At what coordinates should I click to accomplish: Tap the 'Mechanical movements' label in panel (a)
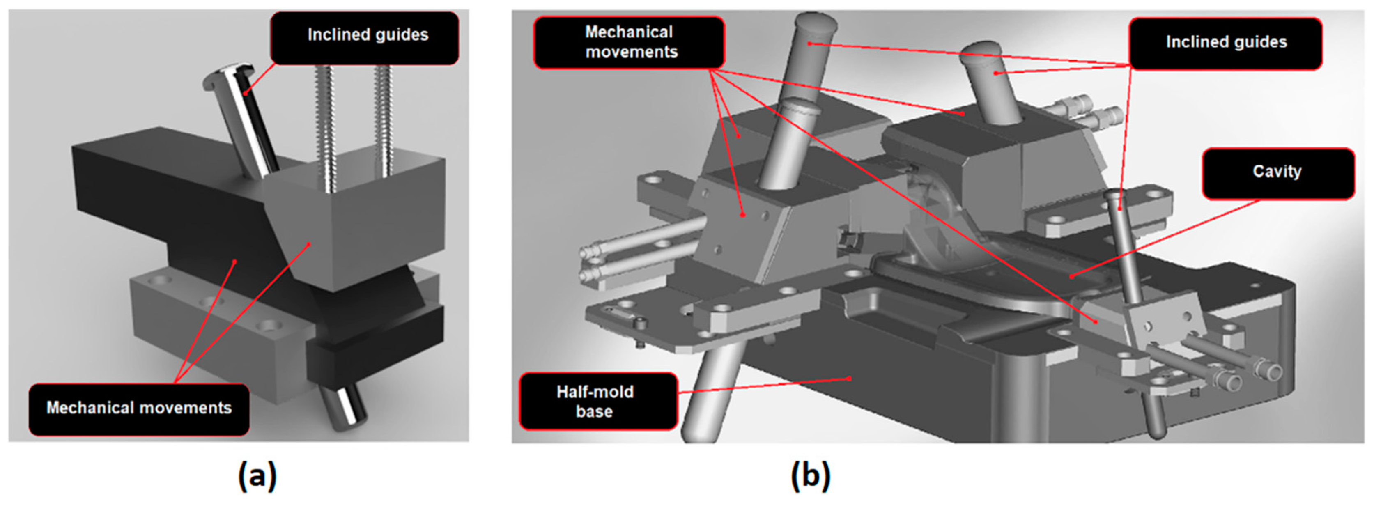tap(139, 408)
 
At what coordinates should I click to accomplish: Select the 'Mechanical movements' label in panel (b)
tap(630, 43)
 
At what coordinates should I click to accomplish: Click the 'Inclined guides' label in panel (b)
tap(1226, 43)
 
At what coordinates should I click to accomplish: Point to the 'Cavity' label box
tap(1277, 173)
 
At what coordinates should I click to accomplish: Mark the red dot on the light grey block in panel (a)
tap(309, 244)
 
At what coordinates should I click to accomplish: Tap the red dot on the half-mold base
tap(849, 379)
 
